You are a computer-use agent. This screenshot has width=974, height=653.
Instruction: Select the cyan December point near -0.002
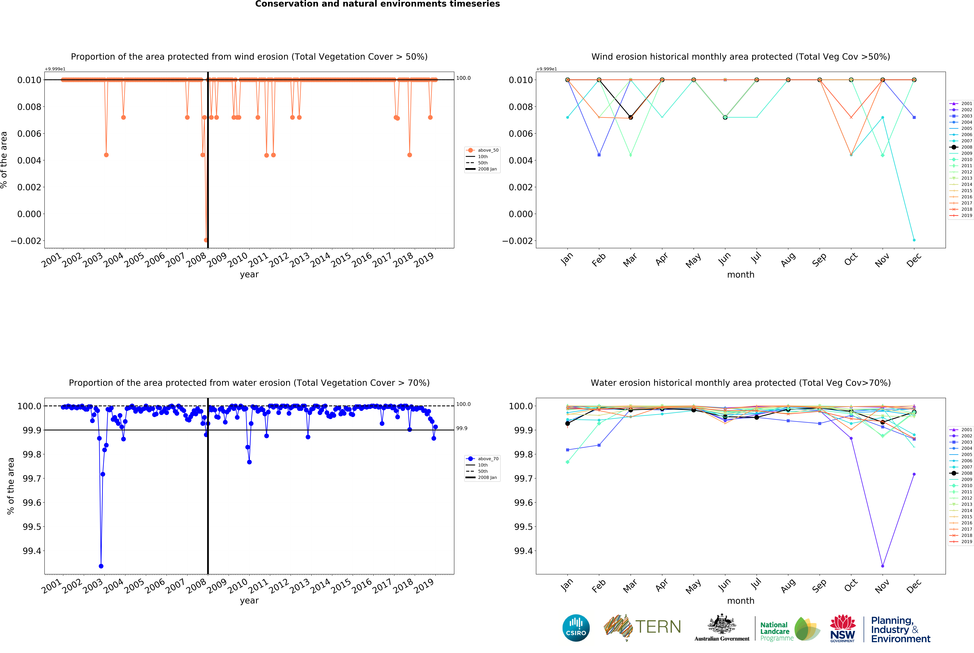click(914, 240)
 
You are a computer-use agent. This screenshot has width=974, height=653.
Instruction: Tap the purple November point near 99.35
click(882, 566)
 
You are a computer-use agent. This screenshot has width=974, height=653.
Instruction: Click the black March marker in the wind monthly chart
click(630, 117)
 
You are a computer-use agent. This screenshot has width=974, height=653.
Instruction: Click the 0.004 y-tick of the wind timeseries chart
click(29, 160)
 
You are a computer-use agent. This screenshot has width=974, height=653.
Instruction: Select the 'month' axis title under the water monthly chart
click(740, 601)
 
